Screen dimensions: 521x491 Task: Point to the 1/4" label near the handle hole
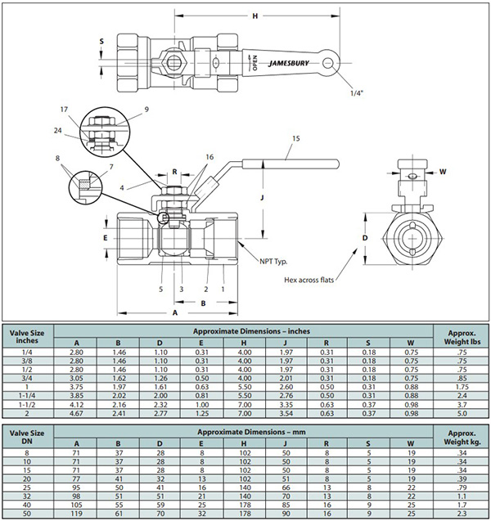tap(355, 92)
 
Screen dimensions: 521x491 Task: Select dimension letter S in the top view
tap(101, 40)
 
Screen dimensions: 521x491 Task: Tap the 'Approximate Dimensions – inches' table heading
tap(243, 331)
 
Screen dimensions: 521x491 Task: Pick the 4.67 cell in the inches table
tap(78, 415)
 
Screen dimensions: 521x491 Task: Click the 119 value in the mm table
tap(78, 513)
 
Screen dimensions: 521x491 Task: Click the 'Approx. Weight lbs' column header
tap(461, 337)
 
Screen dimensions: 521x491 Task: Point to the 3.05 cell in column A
tap(78, 379)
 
